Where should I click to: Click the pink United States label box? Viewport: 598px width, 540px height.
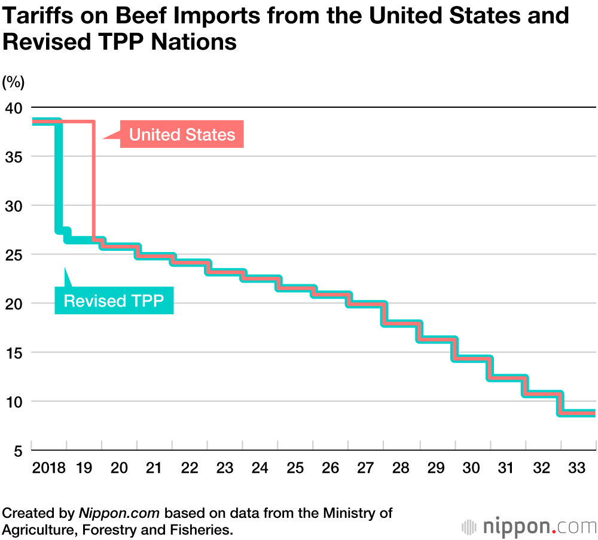182,134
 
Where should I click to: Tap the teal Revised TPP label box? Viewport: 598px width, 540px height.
114,300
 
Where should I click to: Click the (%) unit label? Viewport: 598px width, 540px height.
13,82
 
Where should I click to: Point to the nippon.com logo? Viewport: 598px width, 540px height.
529,526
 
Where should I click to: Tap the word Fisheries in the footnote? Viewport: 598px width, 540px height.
203,529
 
